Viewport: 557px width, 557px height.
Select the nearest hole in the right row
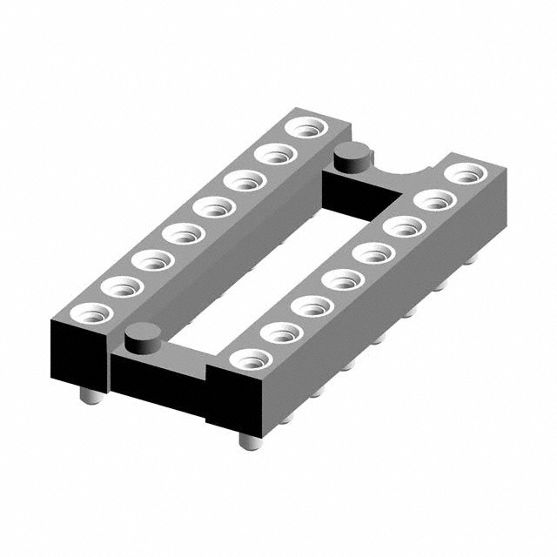click(251, 359)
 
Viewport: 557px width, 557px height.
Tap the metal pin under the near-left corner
click(89, 397)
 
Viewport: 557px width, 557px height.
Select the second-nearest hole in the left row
click(120, 285)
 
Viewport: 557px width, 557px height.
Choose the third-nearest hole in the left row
click(151, 258)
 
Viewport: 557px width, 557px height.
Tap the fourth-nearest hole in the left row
click(182, 233)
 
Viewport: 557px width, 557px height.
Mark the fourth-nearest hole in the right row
click(342, 280)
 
